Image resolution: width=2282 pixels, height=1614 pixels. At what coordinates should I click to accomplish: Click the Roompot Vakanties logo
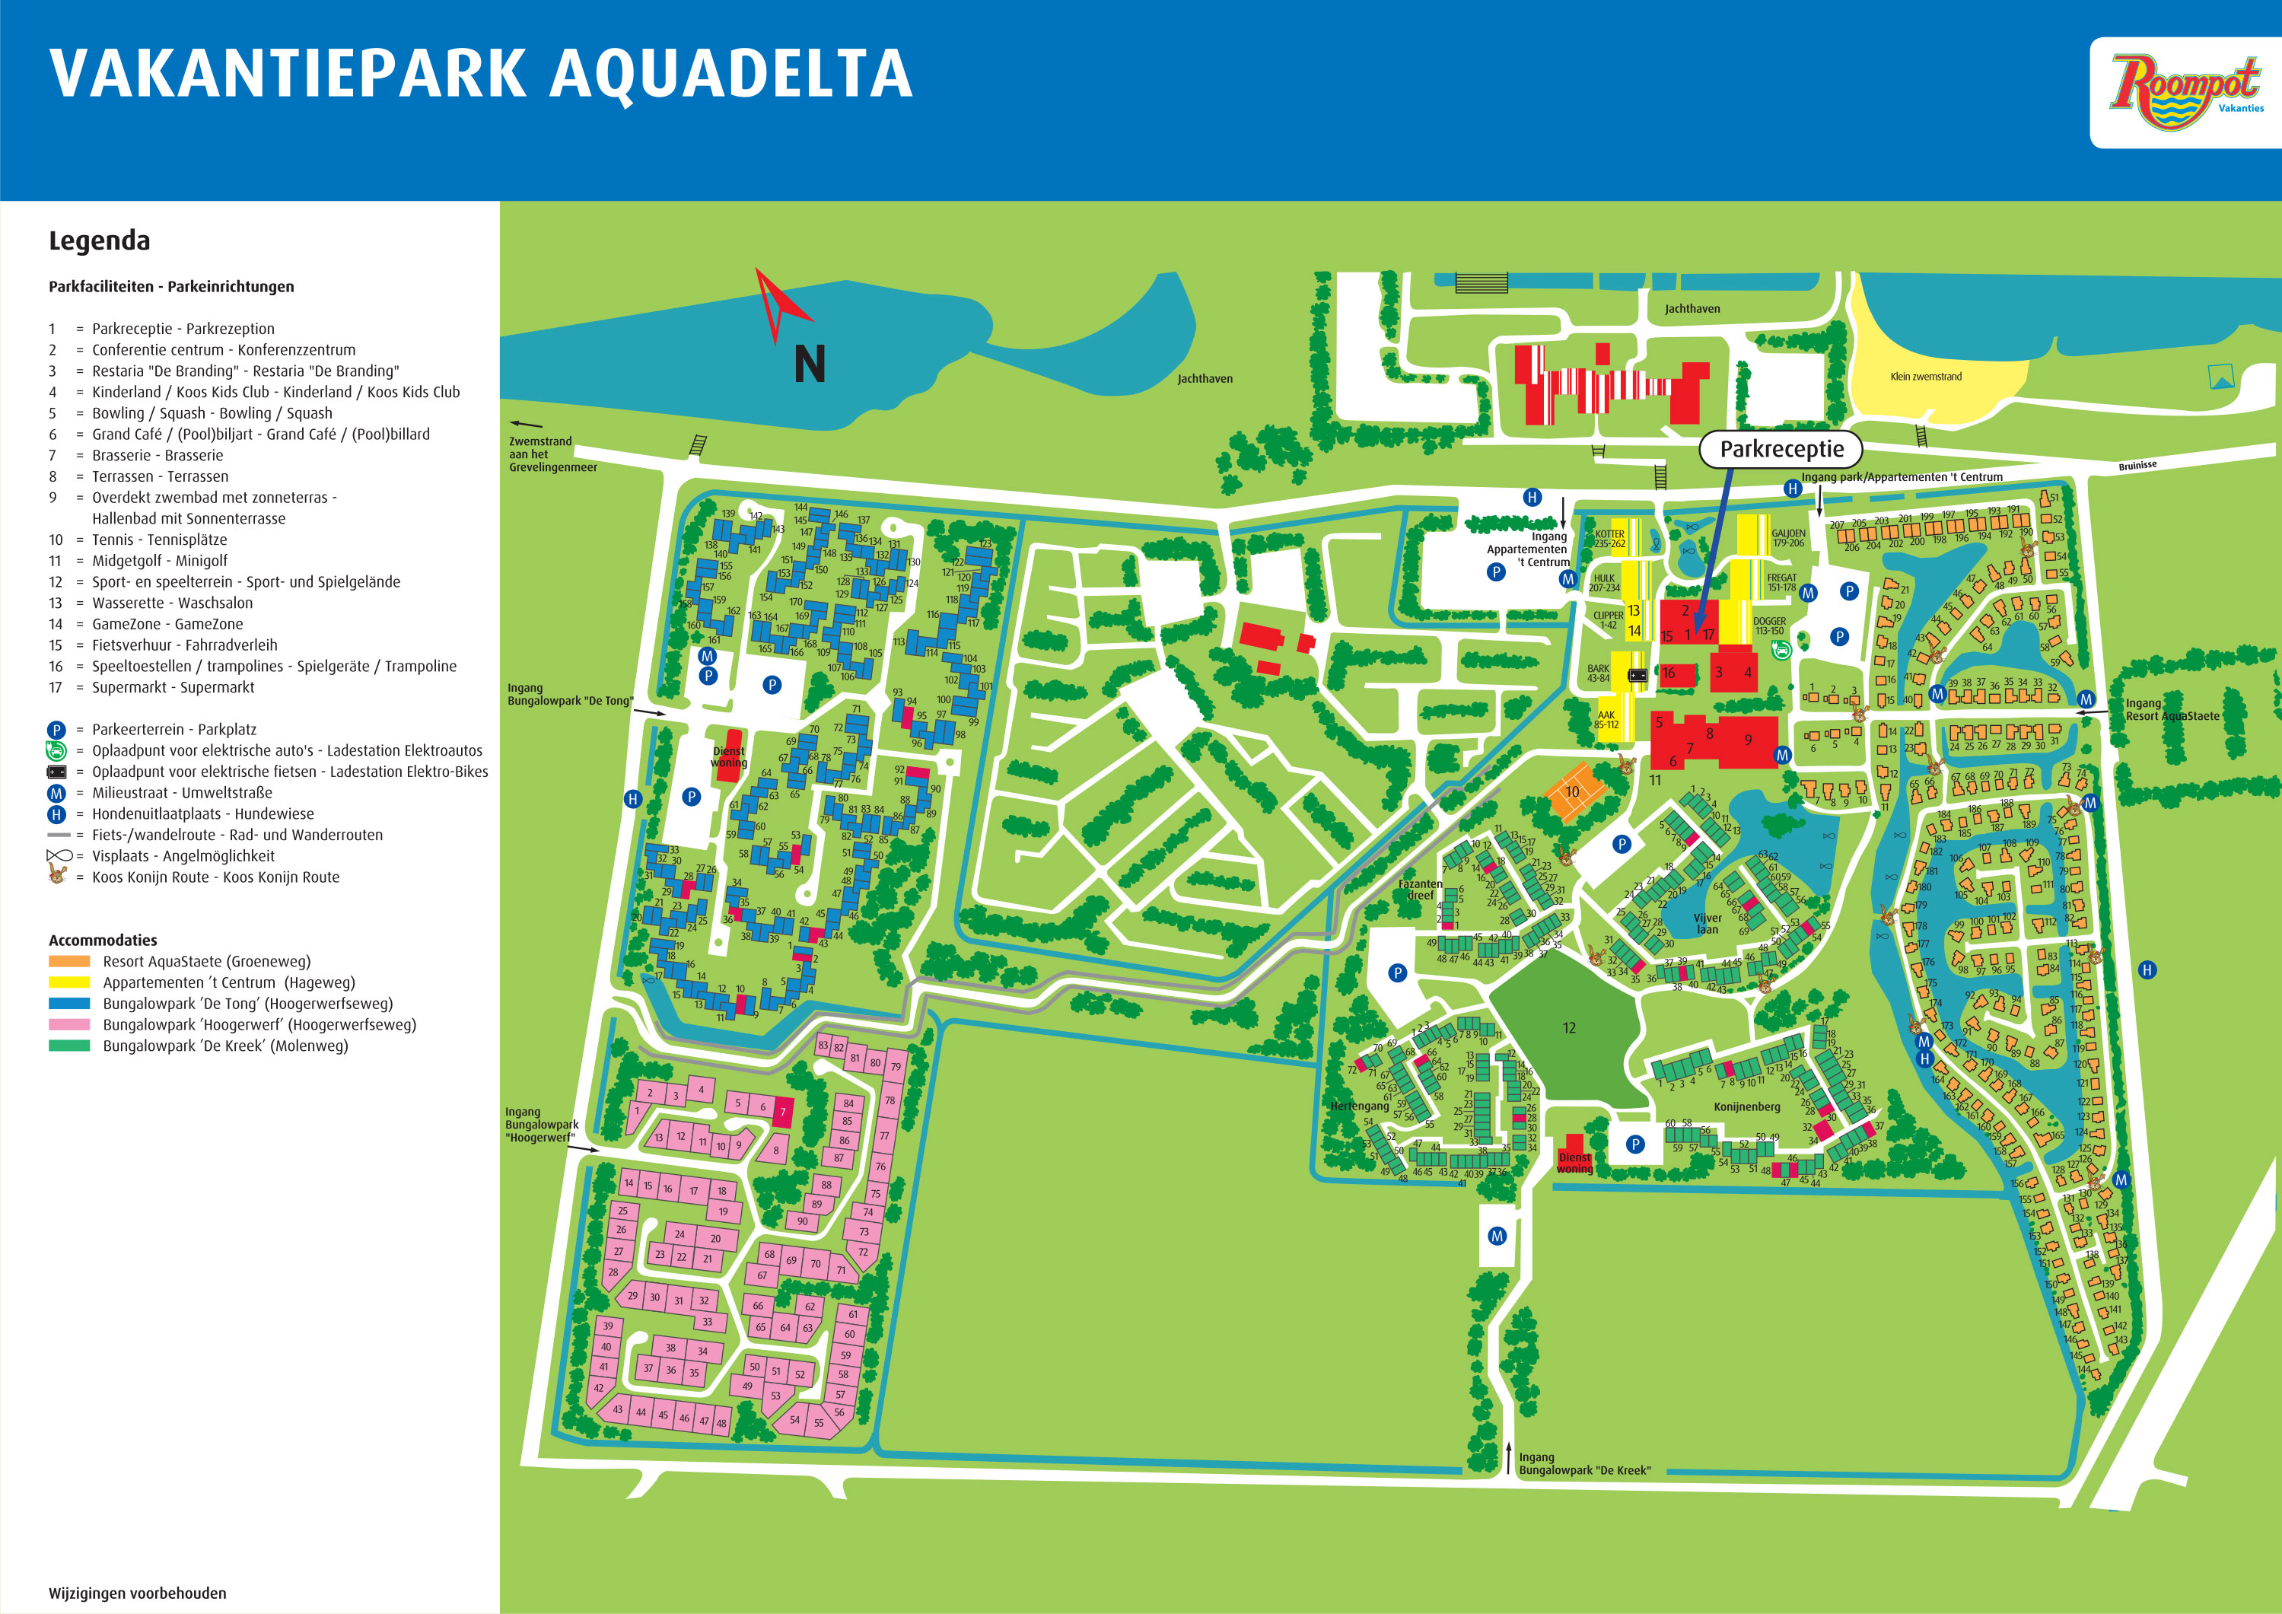2185,91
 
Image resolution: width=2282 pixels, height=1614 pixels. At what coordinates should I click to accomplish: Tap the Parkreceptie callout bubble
1781,449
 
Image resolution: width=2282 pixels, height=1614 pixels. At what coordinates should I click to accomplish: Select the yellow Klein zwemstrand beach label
1925,377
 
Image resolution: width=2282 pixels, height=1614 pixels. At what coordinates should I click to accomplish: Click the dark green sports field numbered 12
1567,1029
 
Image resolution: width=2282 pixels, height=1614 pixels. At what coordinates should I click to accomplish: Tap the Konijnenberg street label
1746,1106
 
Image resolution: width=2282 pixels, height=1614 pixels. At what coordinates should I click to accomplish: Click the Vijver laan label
1707,925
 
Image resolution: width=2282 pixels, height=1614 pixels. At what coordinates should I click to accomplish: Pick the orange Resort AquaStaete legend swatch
69,961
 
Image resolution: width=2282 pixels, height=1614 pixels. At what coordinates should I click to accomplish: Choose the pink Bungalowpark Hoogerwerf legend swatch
69,1025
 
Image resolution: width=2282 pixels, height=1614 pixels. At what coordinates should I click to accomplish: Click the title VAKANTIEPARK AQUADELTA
481,74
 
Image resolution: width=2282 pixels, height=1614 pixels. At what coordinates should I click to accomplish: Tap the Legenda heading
100,240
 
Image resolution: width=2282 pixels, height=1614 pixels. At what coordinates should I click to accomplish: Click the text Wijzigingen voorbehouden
137,1593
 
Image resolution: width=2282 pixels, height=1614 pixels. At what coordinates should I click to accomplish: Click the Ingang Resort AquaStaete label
2171,710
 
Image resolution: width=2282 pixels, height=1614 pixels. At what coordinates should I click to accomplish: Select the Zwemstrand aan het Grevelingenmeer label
552,454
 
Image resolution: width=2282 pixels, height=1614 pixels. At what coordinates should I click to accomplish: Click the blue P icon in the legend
56,730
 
